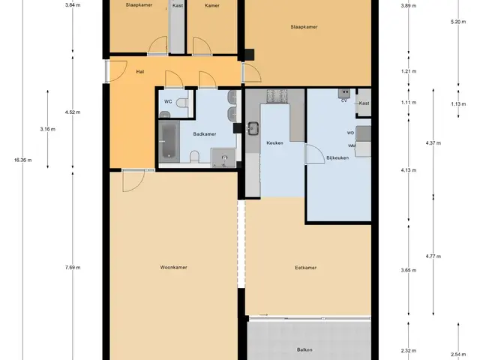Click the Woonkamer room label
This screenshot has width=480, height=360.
pyautogui.click(x=173, y=267)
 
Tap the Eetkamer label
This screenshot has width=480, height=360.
pyautogui.click(x=305, y=268)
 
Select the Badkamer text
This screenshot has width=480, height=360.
pyautogui.click(x=205, y=133)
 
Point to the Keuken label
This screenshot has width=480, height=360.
pyautogui.click(x=274, y=142)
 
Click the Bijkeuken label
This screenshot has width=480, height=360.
pyautogui.click(x=337, y=158)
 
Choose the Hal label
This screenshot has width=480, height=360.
pyautogui.click(x=140, y=72)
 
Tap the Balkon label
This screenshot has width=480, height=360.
pyautogui.click(x=304, y=349)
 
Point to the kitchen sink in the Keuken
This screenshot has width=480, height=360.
pyautogui.click(x=253, y=128)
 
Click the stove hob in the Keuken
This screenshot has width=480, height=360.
pyautogui.click(x=277, y=97)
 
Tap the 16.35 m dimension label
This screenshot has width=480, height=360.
pyautogui.click(x=22, y=160)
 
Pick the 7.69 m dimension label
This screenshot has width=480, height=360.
pyautogui.click(x=73, y=267)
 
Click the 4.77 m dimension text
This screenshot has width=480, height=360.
pyautogui.click(x=433, y=256)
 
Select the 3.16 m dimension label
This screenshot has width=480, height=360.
pyautogui.click(x=48, y=129)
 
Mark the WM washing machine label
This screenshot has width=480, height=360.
pyautogui.click(x=352, y=145)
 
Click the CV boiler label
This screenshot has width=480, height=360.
pyautogui.click(x=344, y=100)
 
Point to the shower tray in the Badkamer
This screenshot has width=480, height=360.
pyautogui.click(x=224, y=158)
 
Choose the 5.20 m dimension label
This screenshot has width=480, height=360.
pyautogui.click(x=458, y=22)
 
